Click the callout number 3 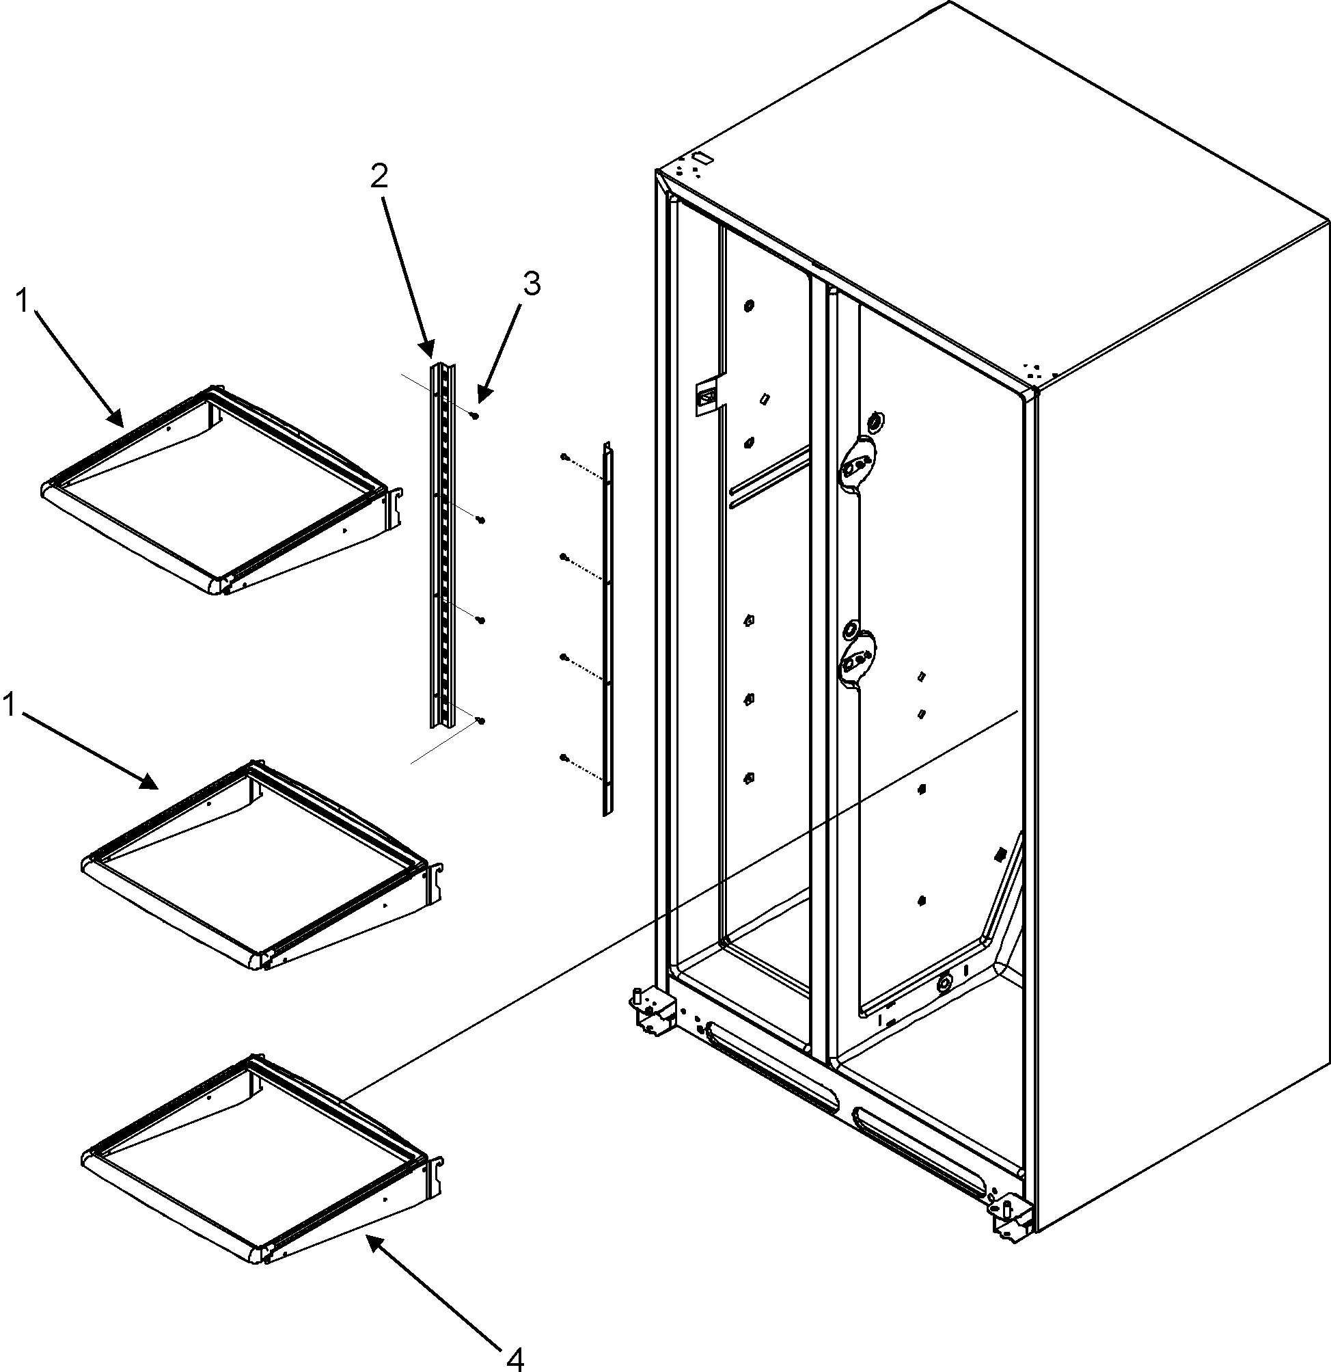pyautogui.click(x=531, y=284)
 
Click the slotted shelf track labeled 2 pyautogui.click(x=442, y=546)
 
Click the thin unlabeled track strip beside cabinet pyautogui.click(x=607, y=630)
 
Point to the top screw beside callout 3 pyautogui.click(x=476, y=416)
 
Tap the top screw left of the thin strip pyautogui.click(x=563, y=457)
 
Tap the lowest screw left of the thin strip pyautogui.click(x=563, y=757)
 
